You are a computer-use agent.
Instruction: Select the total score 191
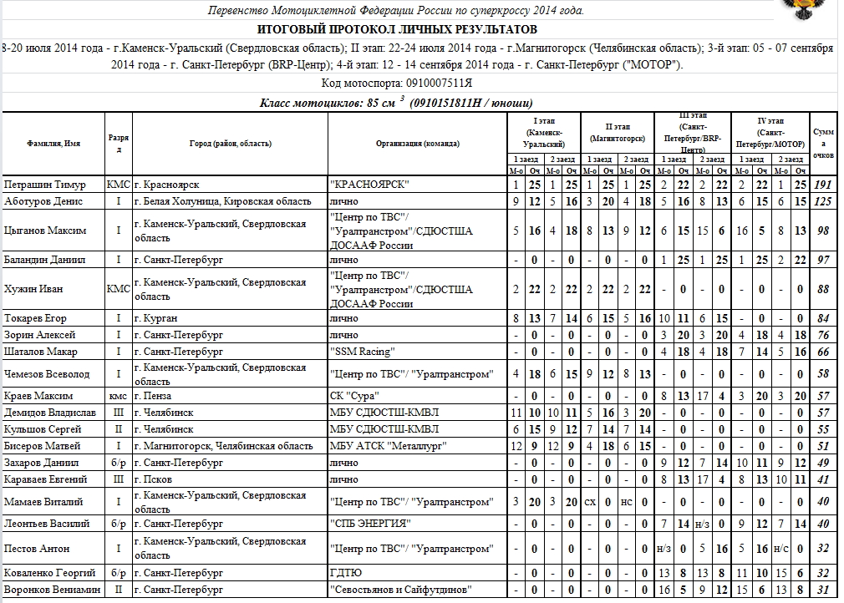pyautogui.click(x=823, y=184)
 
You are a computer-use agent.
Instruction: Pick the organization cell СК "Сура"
pyautogui.click(x=356, y=396)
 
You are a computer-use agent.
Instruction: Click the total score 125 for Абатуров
pyautogui.click(x=823, y=201)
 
